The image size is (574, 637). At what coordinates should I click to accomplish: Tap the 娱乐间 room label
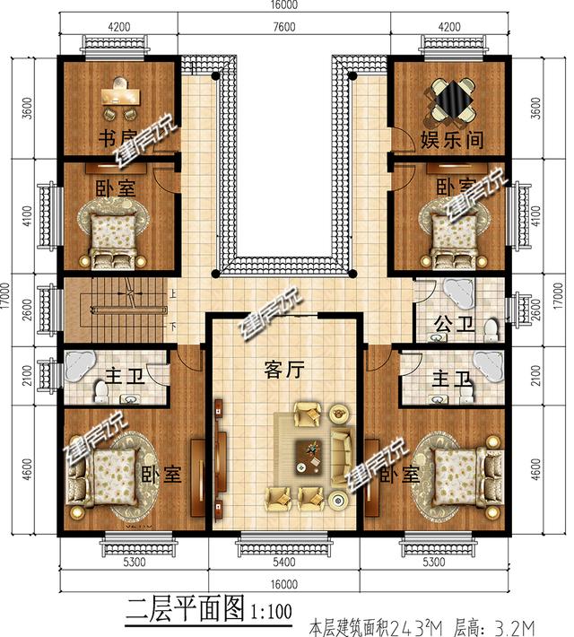click(x=448, y=141)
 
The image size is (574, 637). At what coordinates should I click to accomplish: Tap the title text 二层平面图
click(x=183, y=613)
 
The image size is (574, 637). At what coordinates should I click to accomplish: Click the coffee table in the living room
click(x=311, y=455)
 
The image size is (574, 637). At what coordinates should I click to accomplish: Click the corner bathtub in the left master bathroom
click(x=79, y=365)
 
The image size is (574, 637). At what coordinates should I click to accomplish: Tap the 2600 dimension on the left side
click(x=27, y=307)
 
